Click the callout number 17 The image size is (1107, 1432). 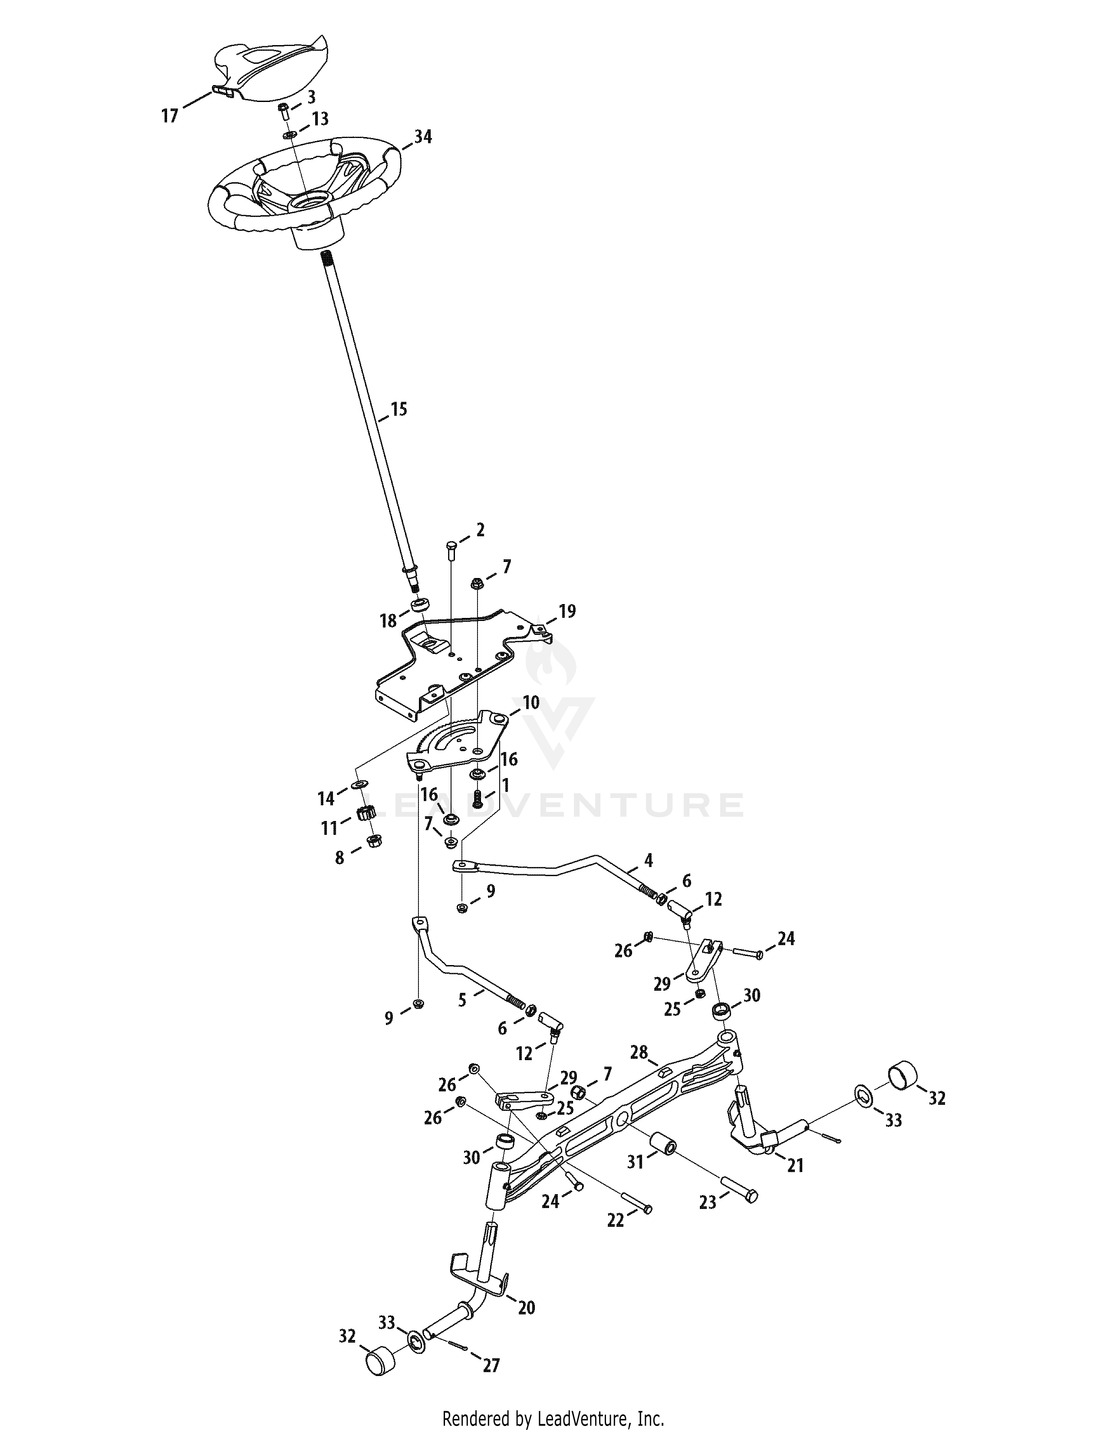point(170,116)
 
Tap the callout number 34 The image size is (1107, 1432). point(423,137)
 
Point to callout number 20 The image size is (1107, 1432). point(526,1307)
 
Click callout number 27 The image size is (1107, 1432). point(491,1365)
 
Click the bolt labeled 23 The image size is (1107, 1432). point(739,1189)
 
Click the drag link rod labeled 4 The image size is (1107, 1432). point(557,873)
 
